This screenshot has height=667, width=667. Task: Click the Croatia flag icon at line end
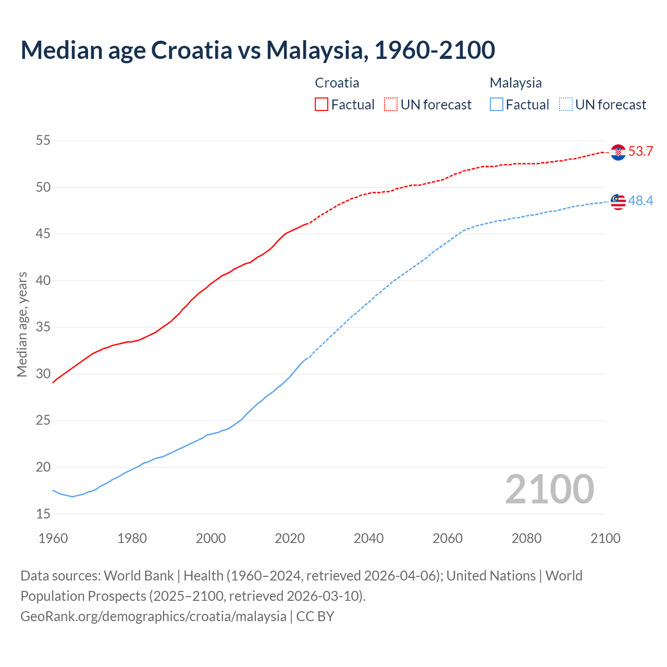tap(618, 152)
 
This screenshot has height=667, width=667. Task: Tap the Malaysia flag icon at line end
tap(618, 202)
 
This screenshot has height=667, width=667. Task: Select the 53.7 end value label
tap(640, 152)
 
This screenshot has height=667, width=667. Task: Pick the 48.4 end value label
tap(640, 201)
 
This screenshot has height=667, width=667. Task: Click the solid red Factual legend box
tap(322, 105)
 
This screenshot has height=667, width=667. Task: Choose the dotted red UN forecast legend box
tap(391, 105)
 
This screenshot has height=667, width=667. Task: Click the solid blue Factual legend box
tap(497, 105)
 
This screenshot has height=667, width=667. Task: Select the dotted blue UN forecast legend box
tap(566, 105)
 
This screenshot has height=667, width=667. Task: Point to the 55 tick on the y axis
tap(43, 141)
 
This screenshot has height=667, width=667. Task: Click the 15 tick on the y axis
tap(43, 514)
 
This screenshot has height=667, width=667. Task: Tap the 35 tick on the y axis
tap(43, 328)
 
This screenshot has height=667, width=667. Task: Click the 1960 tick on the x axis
tap(53, 538)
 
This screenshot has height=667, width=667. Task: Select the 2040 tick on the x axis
tap(368, 538)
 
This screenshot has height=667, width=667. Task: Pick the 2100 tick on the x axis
tap(605, 538)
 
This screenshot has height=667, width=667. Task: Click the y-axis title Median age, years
tap(22, 324)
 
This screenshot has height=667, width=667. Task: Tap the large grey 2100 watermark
tap(549, 489)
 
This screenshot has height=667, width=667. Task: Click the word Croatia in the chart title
tap(191, 50)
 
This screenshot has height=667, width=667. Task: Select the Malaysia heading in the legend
tap(515, 83)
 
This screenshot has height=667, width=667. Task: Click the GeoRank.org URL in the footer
tap(153, 616)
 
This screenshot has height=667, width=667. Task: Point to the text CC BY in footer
tap(315, 616)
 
